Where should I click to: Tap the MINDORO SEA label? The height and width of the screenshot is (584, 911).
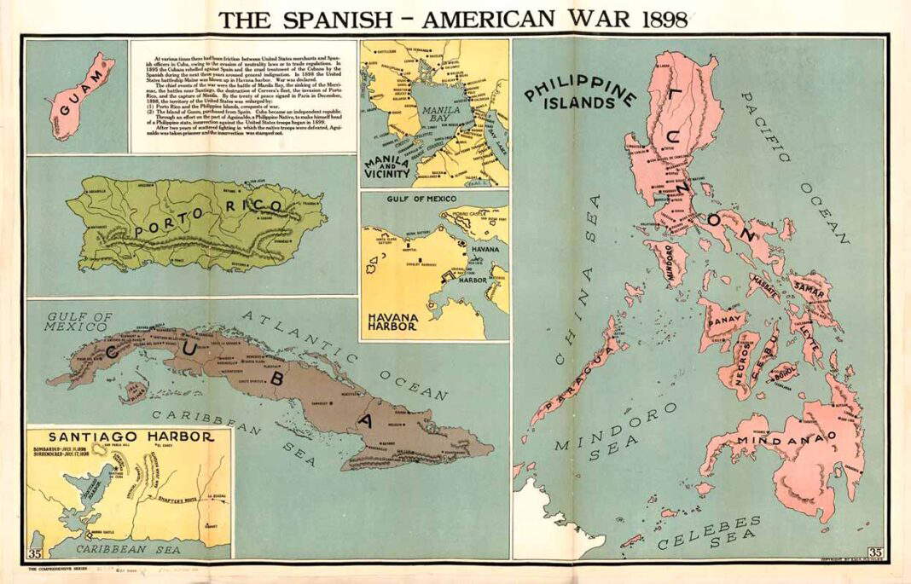614,431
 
